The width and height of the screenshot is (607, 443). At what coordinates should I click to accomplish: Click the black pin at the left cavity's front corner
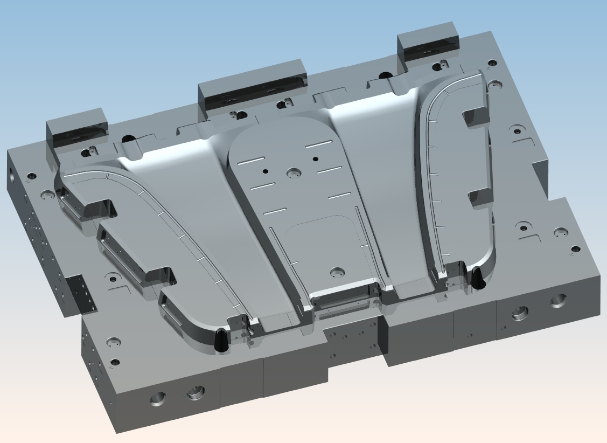pos(220,341)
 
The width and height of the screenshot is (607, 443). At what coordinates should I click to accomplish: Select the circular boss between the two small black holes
pos(294,173)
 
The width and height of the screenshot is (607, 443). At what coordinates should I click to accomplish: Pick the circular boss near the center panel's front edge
pos(338,271)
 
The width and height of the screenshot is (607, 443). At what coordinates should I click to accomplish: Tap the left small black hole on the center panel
pos(265,171)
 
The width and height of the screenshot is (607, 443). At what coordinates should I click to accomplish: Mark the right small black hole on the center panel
pos(316,159)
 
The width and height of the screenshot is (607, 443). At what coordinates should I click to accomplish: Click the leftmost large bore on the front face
pos(157,399)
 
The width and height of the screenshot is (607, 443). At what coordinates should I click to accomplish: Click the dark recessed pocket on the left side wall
pos(81,294)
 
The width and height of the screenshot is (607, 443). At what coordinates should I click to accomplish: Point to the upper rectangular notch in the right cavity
pos(474,116)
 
